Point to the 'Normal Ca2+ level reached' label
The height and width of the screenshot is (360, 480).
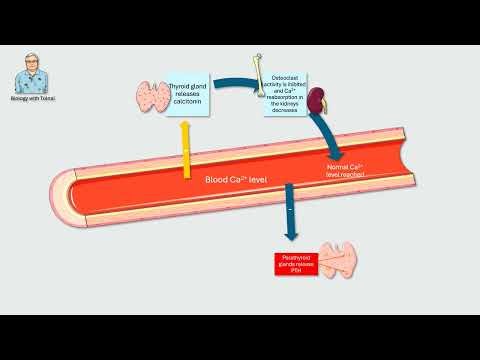pyautogui.click(x=345, y=170)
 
